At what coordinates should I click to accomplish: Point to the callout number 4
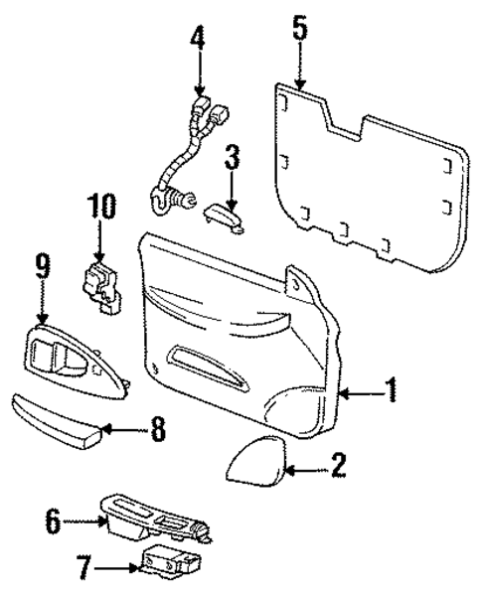tap(198, 40)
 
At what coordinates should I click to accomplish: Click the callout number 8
tap(157, 430)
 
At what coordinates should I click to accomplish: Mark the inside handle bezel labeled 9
tap(70, 362)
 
